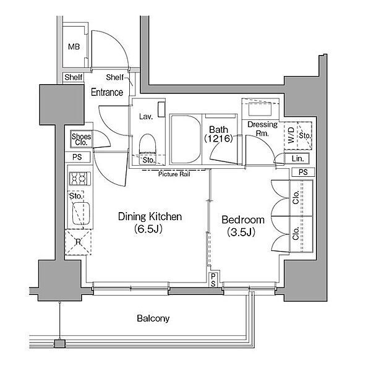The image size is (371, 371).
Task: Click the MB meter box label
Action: click(74, 46)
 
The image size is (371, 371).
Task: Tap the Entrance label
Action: click(107, 92)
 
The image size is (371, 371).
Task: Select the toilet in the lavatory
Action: click(148, 144)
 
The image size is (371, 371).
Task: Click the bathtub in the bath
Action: click(185, 139)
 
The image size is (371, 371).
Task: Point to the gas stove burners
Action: click(80, 179)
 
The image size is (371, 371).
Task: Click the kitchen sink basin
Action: click(81, 213)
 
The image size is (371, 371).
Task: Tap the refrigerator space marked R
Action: click(78, 242)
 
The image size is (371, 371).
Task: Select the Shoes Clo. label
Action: click(81, 139)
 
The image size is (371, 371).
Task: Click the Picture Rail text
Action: click(174, 174)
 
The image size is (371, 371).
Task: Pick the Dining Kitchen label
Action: click(150, 216)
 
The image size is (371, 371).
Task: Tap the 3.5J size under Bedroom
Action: click(241, 232)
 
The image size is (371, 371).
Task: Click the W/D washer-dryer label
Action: click(291, 135)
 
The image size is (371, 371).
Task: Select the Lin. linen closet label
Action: click(297, 158)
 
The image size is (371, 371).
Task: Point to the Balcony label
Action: click(153, 318)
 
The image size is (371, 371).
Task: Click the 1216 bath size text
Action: click(218, 139)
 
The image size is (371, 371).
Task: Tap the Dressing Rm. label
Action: click(262, 129)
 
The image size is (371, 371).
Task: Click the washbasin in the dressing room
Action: click(260, 109)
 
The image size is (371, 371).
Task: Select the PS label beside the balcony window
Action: click(213, 280)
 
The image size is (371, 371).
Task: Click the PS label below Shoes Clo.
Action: click(77, 157)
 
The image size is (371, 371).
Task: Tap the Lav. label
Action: click(146, 116)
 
